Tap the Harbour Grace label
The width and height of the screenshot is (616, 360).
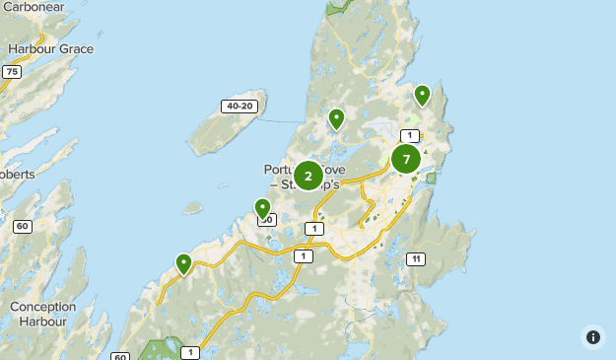pyautogui.click(x=50, y=48)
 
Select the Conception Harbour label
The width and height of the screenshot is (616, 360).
pyautogui.click(x=42, y=314)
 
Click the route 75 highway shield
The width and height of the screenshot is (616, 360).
pyautogui.click(x=12, y=72)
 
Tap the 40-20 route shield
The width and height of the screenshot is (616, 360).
pyautogui.click(x=239, y=106)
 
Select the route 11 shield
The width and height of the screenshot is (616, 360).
pyautogui.click(x=416, y=259)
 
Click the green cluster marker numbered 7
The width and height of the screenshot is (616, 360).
pyautogui.click(x=406, y=159)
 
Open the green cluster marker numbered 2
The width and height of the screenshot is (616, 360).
pyautogui.click(x=308, y=177)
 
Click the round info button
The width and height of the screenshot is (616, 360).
pyautogui.click(x=592, y=336)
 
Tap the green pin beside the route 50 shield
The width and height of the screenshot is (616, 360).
pyautogui.click(x=262, y=208)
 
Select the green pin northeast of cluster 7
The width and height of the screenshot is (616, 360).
pyautogui.click(x=422, y=95)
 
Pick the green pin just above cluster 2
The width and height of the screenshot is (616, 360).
pyautogui.click(x=336, y=118)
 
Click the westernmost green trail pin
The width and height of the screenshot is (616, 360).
pyautogui.click(x=183, y=262)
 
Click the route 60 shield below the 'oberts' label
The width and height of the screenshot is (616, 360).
pyautogui.click(x=22, y=226)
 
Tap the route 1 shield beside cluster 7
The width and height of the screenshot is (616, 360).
pyautogui.click(x=410, y=135)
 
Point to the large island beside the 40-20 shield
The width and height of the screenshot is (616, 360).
pyautogui.click(x=221, y=128)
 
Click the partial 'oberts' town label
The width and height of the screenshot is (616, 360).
pyautogui.click(x=18, y=175)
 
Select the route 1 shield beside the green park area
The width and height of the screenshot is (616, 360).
pyautogui.click(x=189, y=352)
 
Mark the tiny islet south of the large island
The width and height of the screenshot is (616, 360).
pyautogui.click(x=192, y=208)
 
